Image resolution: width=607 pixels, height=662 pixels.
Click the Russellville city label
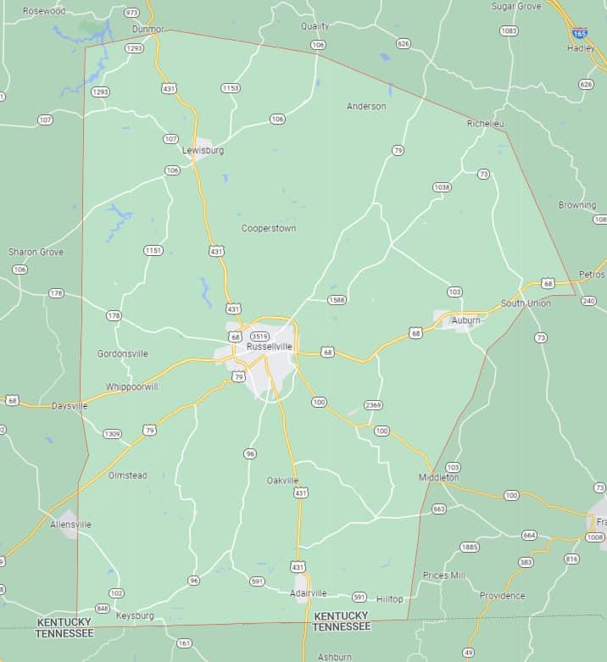(x=269, y=347)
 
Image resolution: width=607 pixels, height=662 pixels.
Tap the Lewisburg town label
(x=203, y=150)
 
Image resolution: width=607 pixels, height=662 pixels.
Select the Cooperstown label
(x=269, y=228)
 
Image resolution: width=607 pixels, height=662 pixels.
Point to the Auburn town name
(x=465, y=320)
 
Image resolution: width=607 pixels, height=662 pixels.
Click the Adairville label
(x=308, y=592)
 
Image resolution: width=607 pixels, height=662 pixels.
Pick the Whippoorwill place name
(x=132, y=387)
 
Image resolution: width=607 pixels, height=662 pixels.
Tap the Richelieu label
(x=486, y=124)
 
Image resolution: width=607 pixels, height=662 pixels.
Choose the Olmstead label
(x=127, y=476)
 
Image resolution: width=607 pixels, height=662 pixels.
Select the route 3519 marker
(x=260, y=337)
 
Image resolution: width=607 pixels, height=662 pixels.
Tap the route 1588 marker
(x=337, y=299)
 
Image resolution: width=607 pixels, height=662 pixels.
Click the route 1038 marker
(x=441, y=186)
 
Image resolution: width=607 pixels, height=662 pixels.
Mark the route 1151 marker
(x=153, y=250)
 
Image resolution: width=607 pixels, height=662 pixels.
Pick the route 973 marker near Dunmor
(x=131, y=13)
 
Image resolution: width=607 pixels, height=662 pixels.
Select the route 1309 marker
(x=112, y=434)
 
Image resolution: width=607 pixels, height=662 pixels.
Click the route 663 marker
(x=438, y=509)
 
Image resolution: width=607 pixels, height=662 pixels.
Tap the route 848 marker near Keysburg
(x=102, y=608)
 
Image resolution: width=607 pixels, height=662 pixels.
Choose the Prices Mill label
(x=444, y=575)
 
